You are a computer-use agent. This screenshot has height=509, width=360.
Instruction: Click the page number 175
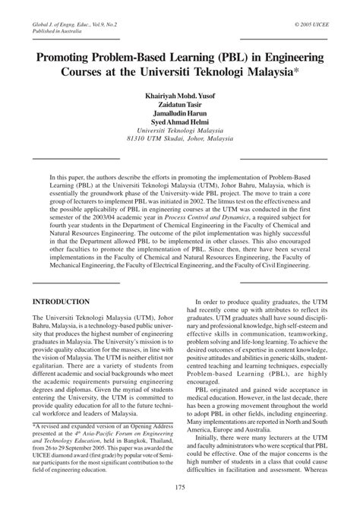[180, 486]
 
